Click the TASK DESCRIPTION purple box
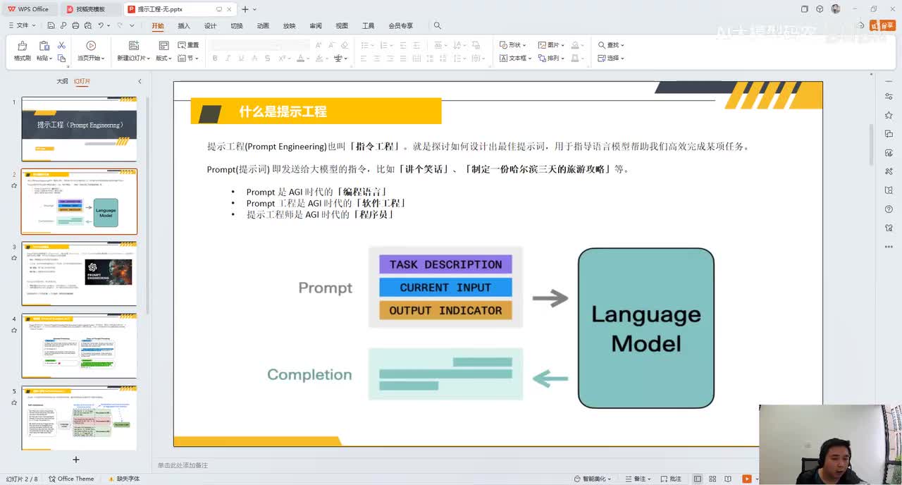pos(445,264)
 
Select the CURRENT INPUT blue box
pos(445,288)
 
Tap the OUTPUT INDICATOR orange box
pos(445,310)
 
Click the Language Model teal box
pos(645,328)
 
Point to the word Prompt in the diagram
pos(325,288)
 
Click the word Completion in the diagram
pos(309,374)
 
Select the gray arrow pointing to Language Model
pos(550,298)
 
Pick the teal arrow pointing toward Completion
pos(550,379)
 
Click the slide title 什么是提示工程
pos(283,111)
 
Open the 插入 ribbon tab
pos(184,26)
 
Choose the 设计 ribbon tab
pos(210,26)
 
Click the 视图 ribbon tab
pos(342,26)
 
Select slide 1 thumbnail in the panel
pos(79,129)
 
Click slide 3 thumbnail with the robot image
pos(79,274)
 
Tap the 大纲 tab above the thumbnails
pos(62,81)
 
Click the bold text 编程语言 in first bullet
pos(364,192)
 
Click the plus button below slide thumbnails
pos(76,460)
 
